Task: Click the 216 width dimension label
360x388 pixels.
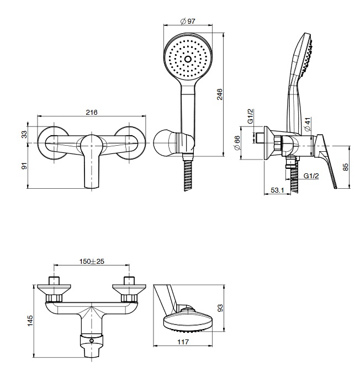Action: pos(92,112)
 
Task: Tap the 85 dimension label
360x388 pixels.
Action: pos(346,167)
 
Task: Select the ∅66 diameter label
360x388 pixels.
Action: pos(237,143)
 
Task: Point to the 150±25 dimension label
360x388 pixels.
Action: pos(92,261)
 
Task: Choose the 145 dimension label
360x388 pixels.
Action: pos(30,321)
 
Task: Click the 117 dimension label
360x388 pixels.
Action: pos(183,342)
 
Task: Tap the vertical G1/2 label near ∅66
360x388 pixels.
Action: pos(250,116)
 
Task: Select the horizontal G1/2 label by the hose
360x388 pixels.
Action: pos(312,176)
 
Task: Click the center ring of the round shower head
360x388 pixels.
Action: pos(187,59)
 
